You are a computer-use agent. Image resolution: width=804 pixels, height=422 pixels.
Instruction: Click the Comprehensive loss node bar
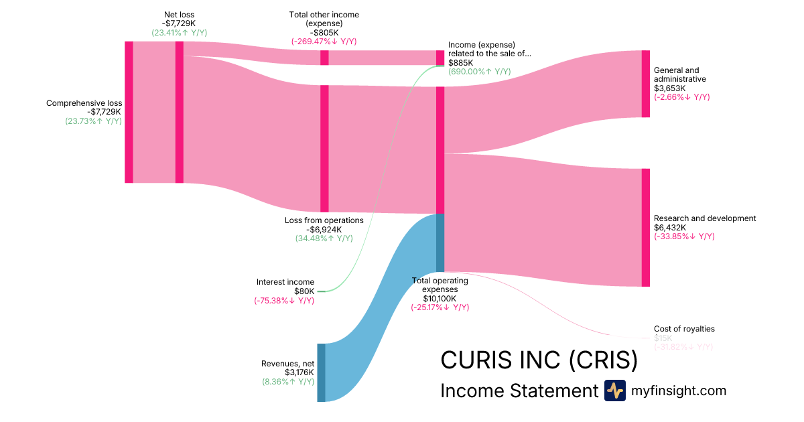pyautogui.click(x=129, y=112)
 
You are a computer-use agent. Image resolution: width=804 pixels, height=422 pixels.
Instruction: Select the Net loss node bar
pyautogui.click(x=179, y=112)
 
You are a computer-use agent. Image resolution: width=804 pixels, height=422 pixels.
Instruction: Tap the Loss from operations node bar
pyautogui.click(x=324, y=148)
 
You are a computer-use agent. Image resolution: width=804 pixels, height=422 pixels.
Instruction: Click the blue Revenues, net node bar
pyautogui.click(x=321, y=372)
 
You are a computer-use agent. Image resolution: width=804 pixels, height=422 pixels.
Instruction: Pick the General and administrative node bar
pyautogui.click(x=646, y=84)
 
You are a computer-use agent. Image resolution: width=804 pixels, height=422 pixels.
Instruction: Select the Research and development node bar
pyautogui.click(x=646, y=227)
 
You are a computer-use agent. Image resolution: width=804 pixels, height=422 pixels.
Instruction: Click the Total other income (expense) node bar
pyautogui.click(x=324, y=58)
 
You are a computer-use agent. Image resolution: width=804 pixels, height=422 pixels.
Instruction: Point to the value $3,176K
pyautogui.click(x=299, y=372)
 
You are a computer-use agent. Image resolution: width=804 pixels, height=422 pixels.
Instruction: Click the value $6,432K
pyautogui.click(x=671, y=227)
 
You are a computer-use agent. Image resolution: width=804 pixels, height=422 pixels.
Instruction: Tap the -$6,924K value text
pyautogui.click(x=324, y=229)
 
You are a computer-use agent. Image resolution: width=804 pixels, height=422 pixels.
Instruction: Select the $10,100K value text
pyautogui.click(x=440, y=299)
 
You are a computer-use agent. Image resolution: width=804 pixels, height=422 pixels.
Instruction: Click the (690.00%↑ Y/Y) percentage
pyautogui.click(x=479, y=72)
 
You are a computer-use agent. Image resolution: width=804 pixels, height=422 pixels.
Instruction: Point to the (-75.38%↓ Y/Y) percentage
pyautogui.click(x=284, y=301)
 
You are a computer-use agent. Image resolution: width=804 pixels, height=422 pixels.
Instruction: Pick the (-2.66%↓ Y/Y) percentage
pyautogui.click(x=681, y=96)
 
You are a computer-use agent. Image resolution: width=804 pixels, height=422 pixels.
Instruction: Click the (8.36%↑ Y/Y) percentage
pyautogui.click(x=288, y=382)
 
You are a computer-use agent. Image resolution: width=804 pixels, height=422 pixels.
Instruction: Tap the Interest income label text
pyautogui.click(x=285, y=282)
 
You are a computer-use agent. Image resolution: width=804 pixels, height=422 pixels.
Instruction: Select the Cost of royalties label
pyautogui.click(x=684, y=329)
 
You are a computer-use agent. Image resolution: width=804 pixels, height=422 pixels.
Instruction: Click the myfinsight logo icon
pyautogui.click(x=614, y=391)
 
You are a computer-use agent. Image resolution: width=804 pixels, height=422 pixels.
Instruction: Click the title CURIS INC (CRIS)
pyautogui.click(x=539, y=360)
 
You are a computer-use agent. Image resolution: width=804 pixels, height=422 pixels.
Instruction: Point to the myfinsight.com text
pyautogui.click(x=679, y=391)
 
